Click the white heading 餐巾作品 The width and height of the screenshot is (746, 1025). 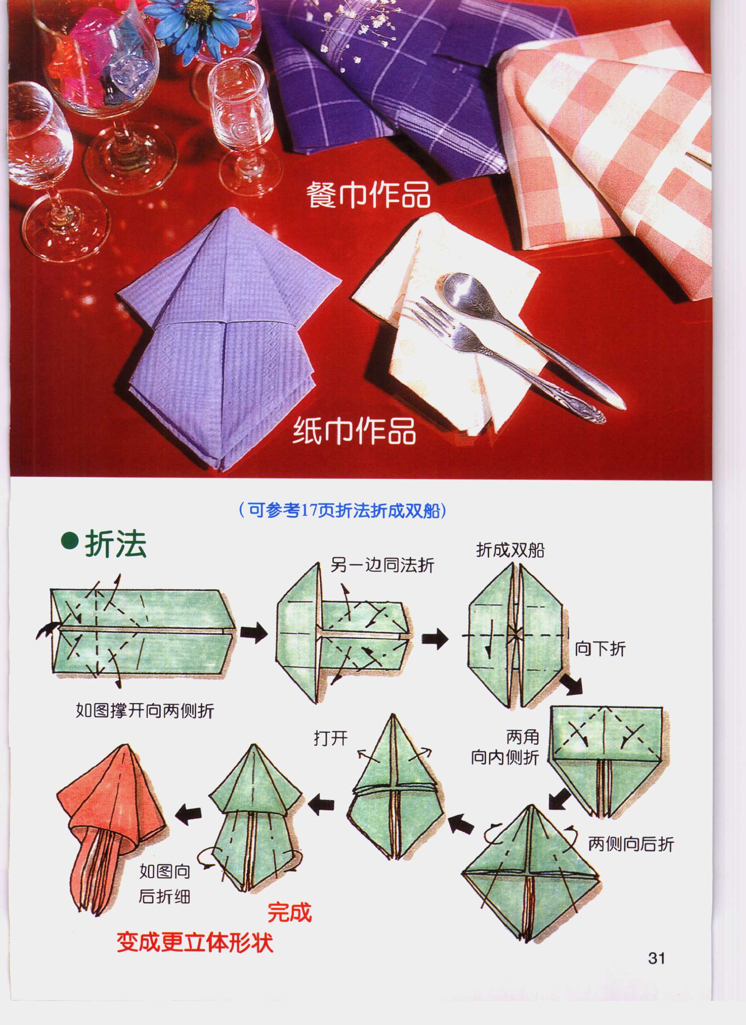pyautogui.click(x=368, y=195)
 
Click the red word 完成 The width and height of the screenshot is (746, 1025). pyautogui.click(x=290, y=912)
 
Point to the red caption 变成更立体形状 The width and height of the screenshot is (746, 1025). pyautogui.click(x=195, y=943)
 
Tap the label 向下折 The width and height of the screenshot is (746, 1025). pyautogui.click(x=600, y=649)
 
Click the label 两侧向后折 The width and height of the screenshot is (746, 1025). pyautogui.click(x=631, y=844)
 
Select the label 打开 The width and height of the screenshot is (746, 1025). pyautogui.click(x=331, y=738)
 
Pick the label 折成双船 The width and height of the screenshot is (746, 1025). pyautogui.click(x=510, y=550)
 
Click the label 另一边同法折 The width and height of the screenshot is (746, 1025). pyautogui.click(x=382, y=565)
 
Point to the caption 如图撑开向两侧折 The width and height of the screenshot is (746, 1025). pyautogui.click(x=145, y=711)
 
